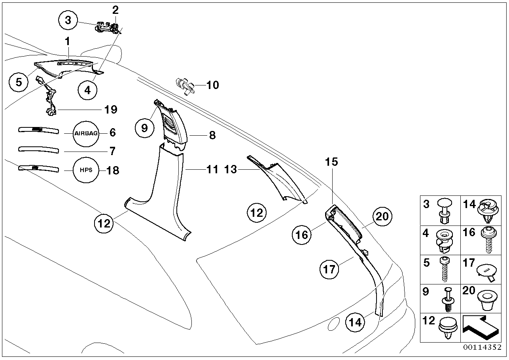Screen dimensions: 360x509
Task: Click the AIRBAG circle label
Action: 86,133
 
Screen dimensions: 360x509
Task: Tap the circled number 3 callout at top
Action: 68,20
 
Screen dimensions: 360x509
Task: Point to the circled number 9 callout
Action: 144,127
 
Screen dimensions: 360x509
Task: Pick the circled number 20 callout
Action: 382,216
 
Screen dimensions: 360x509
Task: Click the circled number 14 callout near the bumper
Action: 356,322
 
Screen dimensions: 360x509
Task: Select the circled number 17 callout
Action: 329,270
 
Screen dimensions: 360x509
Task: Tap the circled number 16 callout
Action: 302,235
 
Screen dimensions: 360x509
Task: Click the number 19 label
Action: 111,110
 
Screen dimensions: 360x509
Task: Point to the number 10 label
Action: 212,85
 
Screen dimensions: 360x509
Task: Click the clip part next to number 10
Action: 184,85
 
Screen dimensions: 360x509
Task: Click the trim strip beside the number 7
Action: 39,149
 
